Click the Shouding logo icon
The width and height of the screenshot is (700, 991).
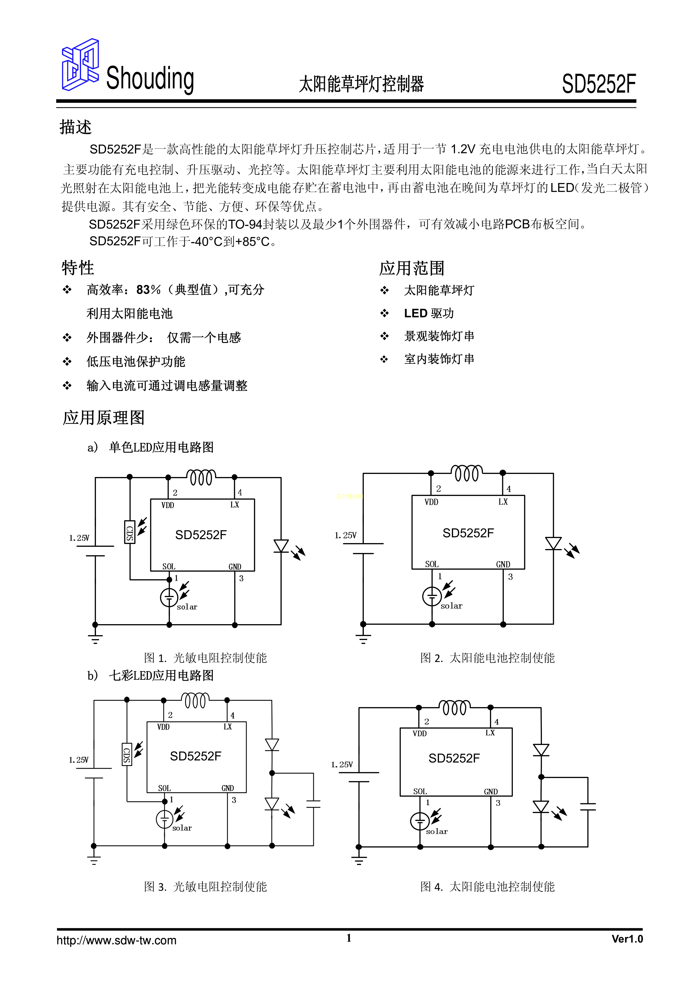click(80, 65)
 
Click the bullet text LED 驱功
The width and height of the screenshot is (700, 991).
click(429, 313)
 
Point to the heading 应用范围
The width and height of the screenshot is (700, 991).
click(412, 268)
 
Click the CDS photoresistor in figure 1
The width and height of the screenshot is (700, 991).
click(129, 532)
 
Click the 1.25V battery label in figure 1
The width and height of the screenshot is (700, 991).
click(79, 538)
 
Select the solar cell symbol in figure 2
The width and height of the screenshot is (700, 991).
click(432, 596)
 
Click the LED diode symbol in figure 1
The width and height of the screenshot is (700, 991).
click(281, 546)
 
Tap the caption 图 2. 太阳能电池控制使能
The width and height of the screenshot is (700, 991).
click(487, 658)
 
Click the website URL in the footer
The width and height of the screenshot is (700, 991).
click(117, 940)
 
